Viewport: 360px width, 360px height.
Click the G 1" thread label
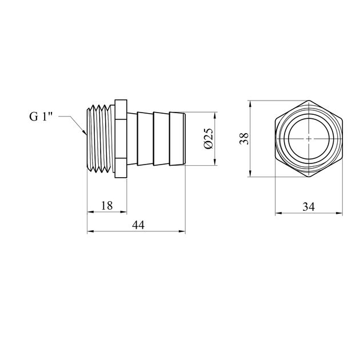click(x=41, y=117)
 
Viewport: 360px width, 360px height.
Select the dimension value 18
click(x=107, y=206)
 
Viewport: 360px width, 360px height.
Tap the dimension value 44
click(x=138, y=225)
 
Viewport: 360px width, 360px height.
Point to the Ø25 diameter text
click(x=209, y=138)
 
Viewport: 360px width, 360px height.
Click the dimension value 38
click(x=244, y=138)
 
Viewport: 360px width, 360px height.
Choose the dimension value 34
click(x=309, y=207)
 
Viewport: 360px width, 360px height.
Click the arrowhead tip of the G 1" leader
click(x=86, y=134)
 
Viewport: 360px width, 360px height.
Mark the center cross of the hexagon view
click(x=309, y=139)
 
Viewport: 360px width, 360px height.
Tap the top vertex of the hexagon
click(x=309, y=101)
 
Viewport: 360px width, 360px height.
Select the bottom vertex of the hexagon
click(x=309, y=177)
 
